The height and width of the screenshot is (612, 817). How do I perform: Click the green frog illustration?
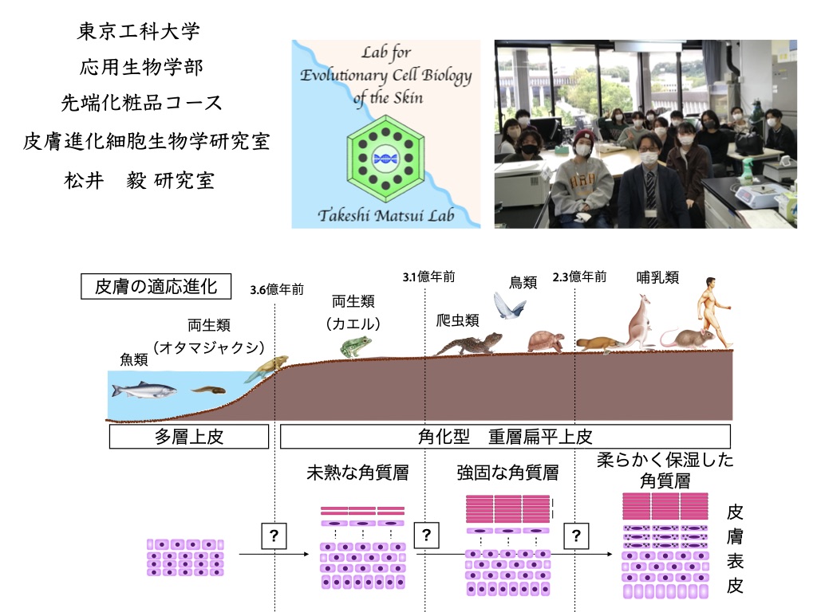355,346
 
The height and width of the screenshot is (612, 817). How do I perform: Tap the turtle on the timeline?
546,340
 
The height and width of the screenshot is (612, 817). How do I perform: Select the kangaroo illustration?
637,322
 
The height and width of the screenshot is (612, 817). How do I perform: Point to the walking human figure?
712,311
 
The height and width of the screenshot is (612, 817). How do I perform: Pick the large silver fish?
144,390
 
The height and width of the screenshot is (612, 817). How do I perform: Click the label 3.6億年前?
276,289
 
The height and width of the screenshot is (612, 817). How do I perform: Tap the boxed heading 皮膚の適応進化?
156,287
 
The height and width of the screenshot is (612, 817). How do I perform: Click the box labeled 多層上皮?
188,436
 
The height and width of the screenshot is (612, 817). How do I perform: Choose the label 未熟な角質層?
357,473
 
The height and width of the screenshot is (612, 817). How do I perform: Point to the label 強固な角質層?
507,473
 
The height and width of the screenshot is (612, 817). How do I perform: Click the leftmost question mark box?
274,536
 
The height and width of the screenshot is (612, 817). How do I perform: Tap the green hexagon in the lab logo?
385,159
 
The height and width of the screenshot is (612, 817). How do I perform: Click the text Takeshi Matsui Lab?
385,215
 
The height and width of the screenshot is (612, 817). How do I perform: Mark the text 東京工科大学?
139,32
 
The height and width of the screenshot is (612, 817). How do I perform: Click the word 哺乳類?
657,277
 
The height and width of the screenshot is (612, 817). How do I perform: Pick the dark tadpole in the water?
207,390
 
